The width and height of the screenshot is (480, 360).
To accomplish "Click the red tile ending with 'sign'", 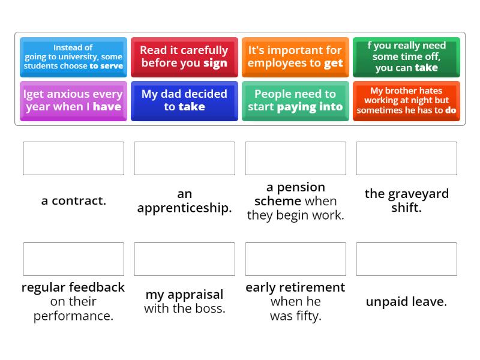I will pos(184,57).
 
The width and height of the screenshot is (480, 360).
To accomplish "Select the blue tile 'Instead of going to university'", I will pos(73,57).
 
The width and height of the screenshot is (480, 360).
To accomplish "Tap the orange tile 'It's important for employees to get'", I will pos(295,57).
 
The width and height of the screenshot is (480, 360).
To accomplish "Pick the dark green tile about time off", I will pos(406,57).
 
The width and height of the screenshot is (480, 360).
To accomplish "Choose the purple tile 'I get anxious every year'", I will pos(73,101).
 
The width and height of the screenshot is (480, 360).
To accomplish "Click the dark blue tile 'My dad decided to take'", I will pos(184,101).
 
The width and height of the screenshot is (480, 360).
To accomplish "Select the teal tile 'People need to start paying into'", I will pos(295,101).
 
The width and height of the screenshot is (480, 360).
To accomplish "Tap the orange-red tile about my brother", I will pos(406,101).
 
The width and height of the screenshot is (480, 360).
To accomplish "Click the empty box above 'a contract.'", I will pos(73,158).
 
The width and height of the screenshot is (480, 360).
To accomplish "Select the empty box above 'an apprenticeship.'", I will pos(184,158).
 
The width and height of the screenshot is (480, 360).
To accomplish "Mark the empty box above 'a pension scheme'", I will pos(295,158).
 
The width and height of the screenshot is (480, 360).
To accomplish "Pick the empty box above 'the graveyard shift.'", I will pos(406,158).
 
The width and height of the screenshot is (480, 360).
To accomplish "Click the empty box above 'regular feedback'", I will pos(73,259).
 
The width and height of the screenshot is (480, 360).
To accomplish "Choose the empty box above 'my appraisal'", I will pos(184,259).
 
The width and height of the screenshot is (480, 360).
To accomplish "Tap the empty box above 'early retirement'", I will pos(295,259).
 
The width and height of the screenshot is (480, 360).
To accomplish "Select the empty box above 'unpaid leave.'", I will pos(406,259).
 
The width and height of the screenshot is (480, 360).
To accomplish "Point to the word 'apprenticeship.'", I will pos(184,208).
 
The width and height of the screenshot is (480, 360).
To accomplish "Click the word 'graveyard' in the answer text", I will pos(416,194).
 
